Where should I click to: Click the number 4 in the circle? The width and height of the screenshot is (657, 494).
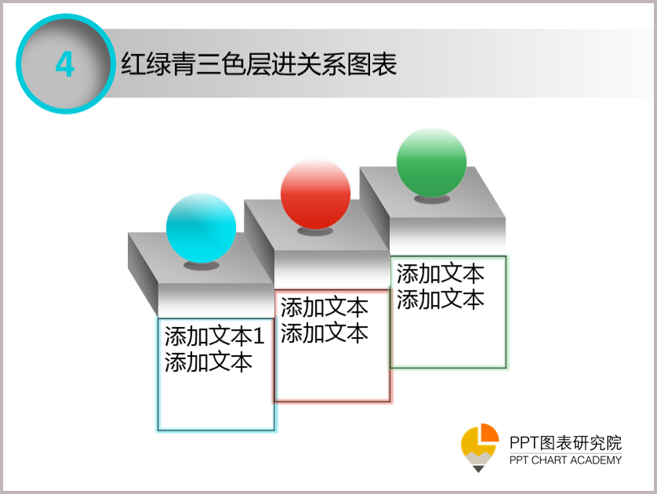[65, 64]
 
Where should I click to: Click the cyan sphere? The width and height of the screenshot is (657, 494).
[201, 228]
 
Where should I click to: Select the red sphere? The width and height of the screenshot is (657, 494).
[315, 194]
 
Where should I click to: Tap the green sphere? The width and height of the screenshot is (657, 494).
[431, 162]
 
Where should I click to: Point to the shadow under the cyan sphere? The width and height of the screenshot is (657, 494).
[201, 265]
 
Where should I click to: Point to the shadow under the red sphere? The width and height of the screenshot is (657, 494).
[315, 231]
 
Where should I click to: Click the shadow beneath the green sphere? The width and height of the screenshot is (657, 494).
[432, 199]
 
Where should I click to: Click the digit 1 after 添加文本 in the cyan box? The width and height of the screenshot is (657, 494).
[259, 336]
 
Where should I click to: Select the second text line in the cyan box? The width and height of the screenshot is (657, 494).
[209, 362]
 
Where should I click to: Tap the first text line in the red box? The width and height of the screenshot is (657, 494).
[325, 307]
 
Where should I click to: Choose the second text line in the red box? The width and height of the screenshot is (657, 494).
[325, 333]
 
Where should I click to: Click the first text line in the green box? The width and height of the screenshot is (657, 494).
[441, 274]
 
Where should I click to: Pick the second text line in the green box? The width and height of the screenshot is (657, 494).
[441, 300]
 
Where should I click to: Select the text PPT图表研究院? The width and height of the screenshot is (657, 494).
[565, 443]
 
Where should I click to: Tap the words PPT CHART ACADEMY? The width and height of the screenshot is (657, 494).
[565, 460]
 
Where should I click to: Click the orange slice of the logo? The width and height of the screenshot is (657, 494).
[490, 432]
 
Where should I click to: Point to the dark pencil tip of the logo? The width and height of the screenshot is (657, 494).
[478, 469]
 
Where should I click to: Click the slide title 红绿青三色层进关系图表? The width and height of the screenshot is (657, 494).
[259, 64]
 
